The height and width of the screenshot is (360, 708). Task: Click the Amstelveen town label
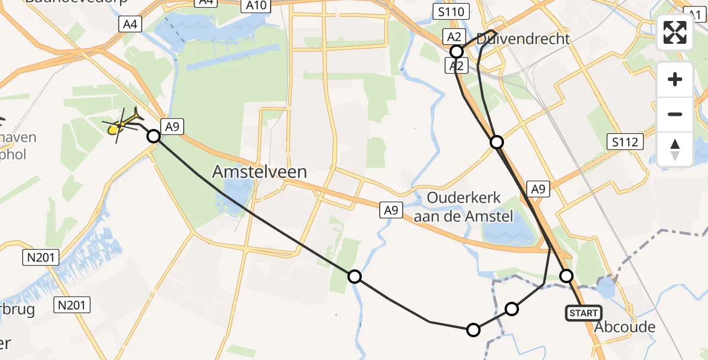pyautogui.click(x=259, y=172)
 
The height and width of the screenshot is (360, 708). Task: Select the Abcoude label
pyautogui.click(x=624, y=328)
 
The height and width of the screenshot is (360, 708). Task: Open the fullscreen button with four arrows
pyautogui.click(x=675, y=32)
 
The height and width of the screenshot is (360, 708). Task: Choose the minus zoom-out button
pyautogui.click(x=675, y=114)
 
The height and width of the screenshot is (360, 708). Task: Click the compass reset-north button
pyautogui.click(x=675, y=149)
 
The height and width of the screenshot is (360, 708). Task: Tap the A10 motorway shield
pyautogui.click(x=256, y=6)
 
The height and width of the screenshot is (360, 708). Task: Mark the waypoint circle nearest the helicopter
pyautogui.click(x=154, y=136)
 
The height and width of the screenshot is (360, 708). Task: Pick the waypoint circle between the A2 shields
pyautogui.click(x=457, y=52)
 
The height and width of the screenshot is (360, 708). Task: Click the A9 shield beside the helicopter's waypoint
pyautogui.click(x=172, y=126)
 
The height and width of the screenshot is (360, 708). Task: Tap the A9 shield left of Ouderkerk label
pyautogui.click(x=391, y=210)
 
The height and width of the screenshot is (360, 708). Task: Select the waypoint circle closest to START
pyautogui.click(x=566, y=276)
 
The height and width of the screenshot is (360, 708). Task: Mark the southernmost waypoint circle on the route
pyautogui.click(x=473, y=329)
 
